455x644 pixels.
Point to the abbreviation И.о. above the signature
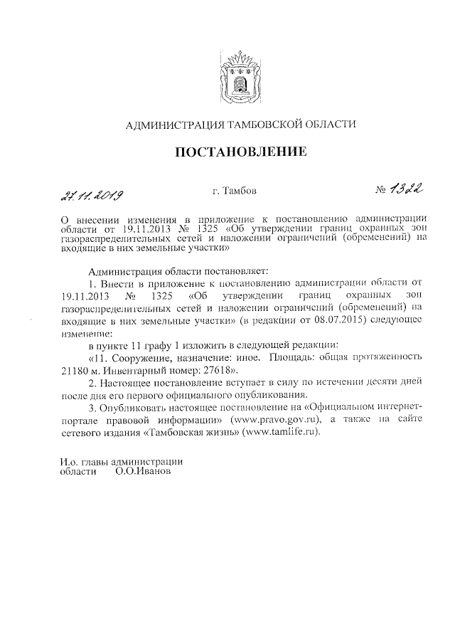point(69,460)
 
